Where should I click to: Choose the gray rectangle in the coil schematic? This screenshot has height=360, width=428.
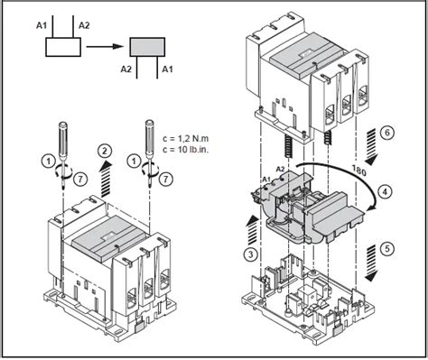tap(146, 48)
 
